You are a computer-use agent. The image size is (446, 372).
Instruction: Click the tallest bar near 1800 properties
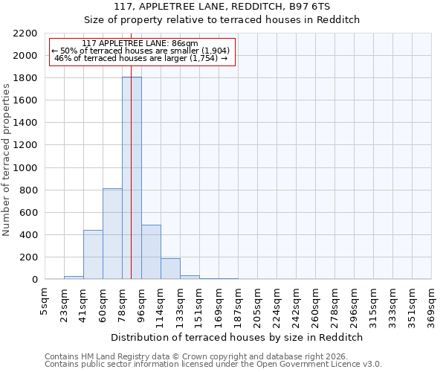(132, 179)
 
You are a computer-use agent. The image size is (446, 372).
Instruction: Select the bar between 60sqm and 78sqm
(112, 234)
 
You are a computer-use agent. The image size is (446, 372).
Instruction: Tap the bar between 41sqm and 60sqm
(93, 254)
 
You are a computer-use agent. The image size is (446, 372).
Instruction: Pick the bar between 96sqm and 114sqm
(151, 252)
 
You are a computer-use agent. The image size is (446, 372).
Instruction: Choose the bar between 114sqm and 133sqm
(170, 269)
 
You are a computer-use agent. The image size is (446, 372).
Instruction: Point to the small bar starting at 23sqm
(74, 278)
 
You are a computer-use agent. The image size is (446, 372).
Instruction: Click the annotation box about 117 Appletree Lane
(142, 51)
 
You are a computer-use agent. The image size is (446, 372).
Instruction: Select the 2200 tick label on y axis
(25, 33)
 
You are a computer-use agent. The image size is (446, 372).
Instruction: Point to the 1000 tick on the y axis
(25, 168)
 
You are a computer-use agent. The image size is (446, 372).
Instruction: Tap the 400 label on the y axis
(28, 235)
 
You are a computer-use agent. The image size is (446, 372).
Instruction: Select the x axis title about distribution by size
(237, 337)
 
